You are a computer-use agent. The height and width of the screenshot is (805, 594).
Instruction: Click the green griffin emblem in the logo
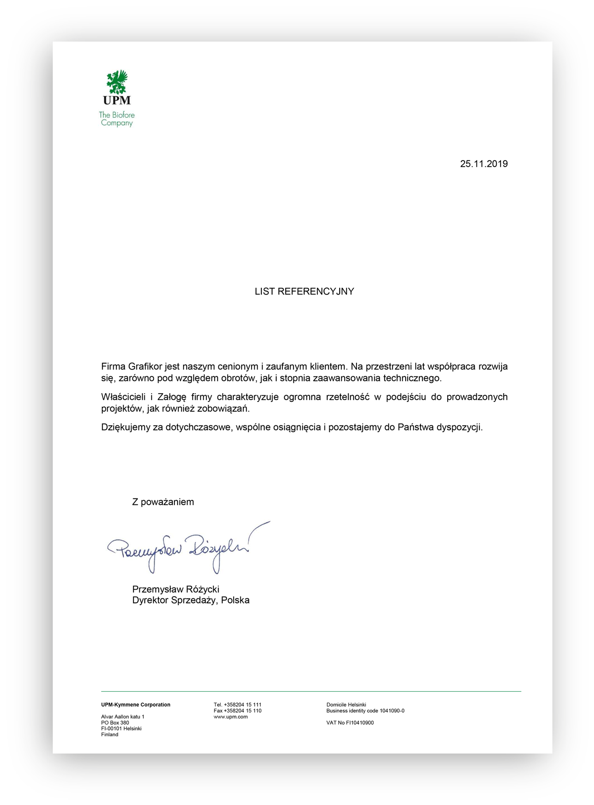pos(117,82)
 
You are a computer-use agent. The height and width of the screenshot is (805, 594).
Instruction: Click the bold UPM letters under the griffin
pos(117,100)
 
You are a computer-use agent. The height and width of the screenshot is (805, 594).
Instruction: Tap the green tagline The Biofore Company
pos(117,119)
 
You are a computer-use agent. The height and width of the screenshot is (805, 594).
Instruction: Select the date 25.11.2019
pos(484,164)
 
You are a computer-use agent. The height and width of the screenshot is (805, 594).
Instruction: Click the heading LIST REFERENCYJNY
pos(304,292)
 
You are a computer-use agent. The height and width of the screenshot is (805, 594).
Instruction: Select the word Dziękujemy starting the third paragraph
pos(125,427)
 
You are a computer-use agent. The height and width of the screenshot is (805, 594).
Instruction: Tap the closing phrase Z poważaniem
pos(163,502)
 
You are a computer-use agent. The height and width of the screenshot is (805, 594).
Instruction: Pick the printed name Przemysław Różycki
pos(176,589)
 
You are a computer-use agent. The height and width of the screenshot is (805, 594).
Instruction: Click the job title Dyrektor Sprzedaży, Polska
pos(191,600)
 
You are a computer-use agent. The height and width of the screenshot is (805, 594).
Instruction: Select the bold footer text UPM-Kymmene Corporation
pos(136,705)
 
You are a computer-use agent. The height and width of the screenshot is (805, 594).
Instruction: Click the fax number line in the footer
pos(237,711)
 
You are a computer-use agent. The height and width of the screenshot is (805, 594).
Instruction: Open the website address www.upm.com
pos(230,717)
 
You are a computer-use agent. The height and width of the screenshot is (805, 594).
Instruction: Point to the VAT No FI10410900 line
pos(350,723)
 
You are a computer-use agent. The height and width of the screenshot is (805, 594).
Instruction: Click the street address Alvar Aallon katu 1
pos(122,717)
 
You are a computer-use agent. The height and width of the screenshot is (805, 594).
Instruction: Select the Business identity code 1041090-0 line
pos(365,711)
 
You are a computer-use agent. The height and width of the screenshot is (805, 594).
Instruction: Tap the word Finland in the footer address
pos(110,735)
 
